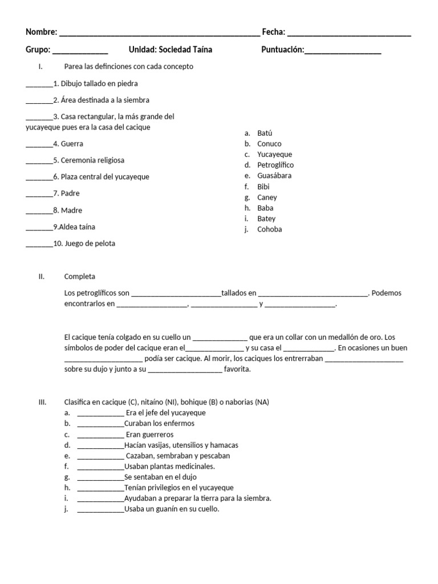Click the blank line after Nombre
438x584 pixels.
pyautogui.click(x=159, y=33)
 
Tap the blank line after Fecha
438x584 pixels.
pyautogui.click(x=349, y=33)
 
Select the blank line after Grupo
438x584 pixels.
pyautogui.click(x=80, y=51)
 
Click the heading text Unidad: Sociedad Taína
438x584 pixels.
pyautogui.click(x=171, y=50)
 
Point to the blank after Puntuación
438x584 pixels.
pyautogui.click(x=343, y=51)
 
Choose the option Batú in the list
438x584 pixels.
pyautogui.click(x=265, y=133)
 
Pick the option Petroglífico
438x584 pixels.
pyautogui.click(x=275, y=165)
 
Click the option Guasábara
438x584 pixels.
pyautogui.click(x=274, y=176)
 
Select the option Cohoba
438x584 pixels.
pyautogui.click(x=269, y=229)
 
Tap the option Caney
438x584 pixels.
pyautogui.click(x=267, y=197)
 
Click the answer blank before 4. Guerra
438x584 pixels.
pyautogui.click(x=39, y=145)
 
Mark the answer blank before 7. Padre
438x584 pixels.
pyautogui.click(x=39, y=194)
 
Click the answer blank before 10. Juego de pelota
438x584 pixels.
pyautogui.click(x=39, y=245)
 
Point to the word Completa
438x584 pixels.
pyautogui.click(x=80, y=277)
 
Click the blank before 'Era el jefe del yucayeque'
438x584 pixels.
pyautogui.click(x=100, y=413)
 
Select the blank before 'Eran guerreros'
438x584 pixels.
pyautogui.click(x=100, y=435)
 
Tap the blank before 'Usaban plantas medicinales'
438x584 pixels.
pyautogui.click(x=100, y=467)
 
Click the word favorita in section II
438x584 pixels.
pyautogui.click(x=237, y=369)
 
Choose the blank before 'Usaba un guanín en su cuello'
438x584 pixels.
pyautogui.click(x=100, y=510)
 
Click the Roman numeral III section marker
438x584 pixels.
pyautogui.click(x=42, y=402)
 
